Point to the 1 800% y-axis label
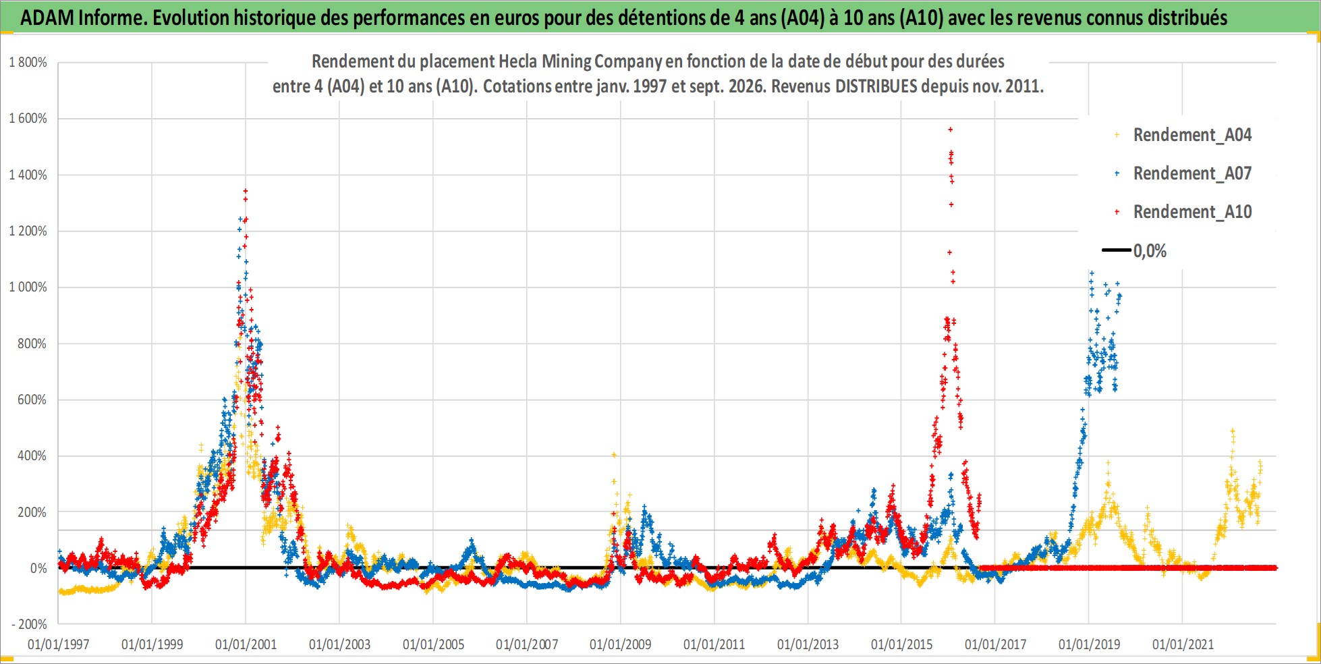pyautogui.click(x=28, y=62)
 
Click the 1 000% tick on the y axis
pyautogui.click(x=28, y=287)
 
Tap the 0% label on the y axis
pyautogui.click(x=38, y=568)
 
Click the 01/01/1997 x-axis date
pyautogui.click(x=59, y=644)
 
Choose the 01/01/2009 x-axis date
pyautogui.click(x=621, y=644)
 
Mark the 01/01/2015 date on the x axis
pyautogui.click(x=901, y=644)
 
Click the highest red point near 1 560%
pyautogui.click(x=951, y=129)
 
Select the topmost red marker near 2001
pyautogui.click(x=246, y=191)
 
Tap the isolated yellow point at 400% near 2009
pyautogui.click(x=614, y=455)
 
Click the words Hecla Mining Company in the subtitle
pyautogui.click(x=580, y=62)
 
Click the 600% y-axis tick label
pyautogui.click(x=32, y=399)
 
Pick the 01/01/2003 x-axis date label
pyautogui.click(x=339, y=644)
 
